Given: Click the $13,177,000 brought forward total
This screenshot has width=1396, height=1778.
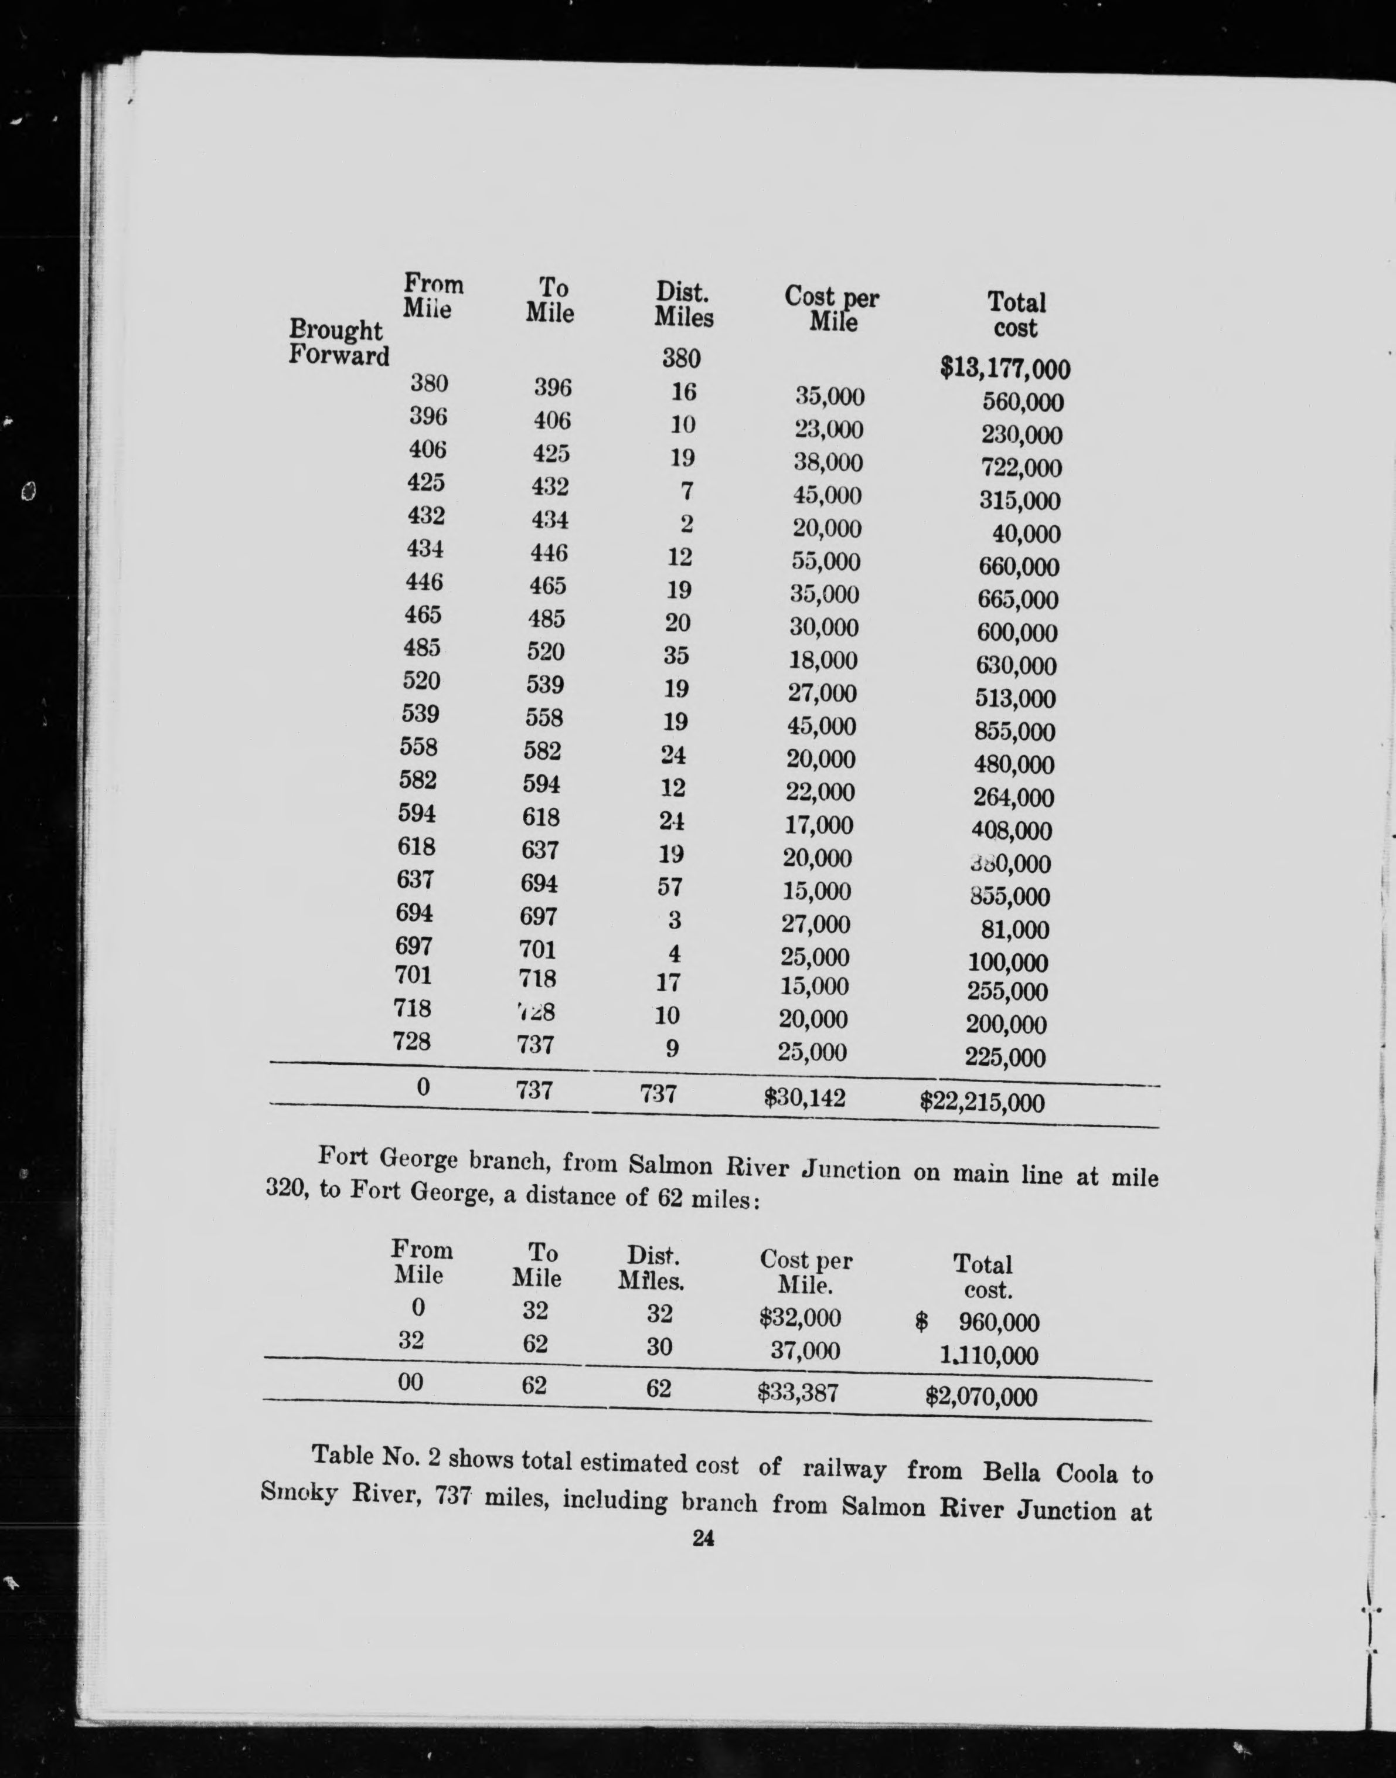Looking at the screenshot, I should tap(1005, 369).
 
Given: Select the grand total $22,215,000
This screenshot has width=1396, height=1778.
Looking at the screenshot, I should tap(982, 1103).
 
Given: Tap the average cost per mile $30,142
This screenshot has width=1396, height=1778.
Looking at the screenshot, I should tap(804, 1097).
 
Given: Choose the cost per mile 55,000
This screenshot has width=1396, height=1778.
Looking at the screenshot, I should tap(826, 562).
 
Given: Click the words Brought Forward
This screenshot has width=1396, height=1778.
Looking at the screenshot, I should tap(338, 342).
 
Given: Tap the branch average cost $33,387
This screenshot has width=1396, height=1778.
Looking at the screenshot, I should tap(798, 1391).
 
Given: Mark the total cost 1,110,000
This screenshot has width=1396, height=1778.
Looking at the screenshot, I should tap(988, 1355).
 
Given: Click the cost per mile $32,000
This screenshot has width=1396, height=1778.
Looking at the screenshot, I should tap(799, 1317).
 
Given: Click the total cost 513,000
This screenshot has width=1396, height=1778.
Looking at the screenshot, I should tap(1015, 698).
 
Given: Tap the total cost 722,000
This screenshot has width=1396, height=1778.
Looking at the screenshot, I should tap(1021, 468).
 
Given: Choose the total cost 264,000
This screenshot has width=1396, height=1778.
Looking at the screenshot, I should tap(1013, 797).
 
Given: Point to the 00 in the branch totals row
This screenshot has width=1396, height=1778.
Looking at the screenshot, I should tap(410, 1382).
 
